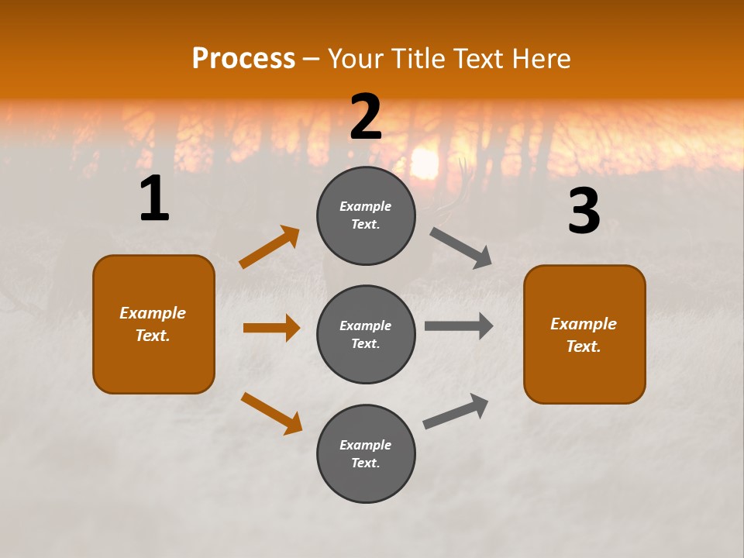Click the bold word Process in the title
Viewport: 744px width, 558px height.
(243, 59)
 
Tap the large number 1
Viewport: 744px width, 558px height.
(154, 199)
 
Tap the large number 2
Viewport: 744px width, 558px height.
(366, 117)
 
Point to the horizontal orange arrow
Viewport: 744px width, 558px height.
(271, 328)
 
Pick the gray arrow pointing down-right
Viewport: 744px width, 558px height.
(461, 248)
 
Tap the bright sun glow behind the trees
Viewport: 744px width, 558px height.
(424, 163)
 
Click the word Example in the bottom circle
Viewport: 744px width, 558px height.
(366, 445)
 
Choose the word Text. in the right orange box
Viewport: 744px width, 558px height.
(584, 346)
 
